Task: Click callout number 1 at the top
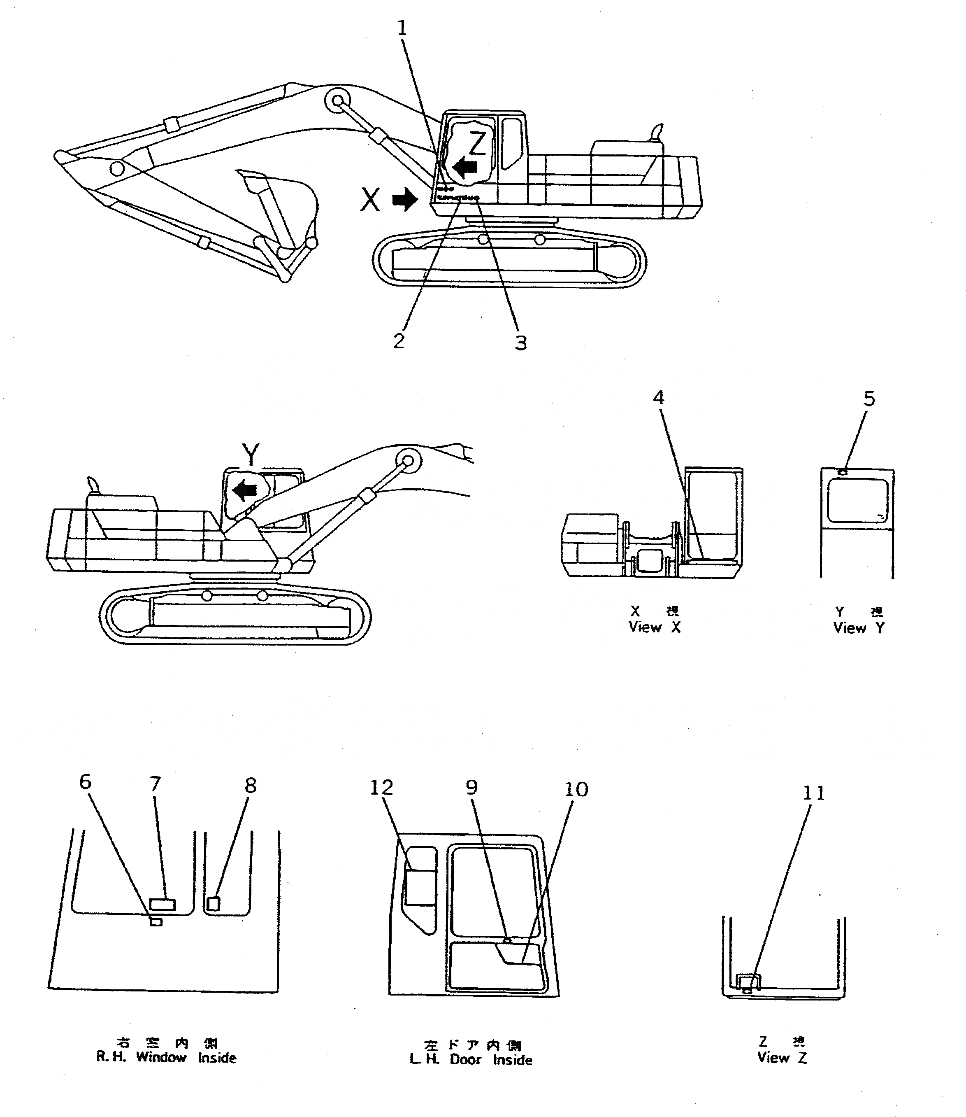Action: click(x=402, y=28)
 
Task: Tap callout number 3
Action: click(x=520, y=343)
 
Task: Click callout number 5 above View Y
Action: click(x=869, y=399)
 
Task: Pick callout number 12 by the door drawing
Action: click(x=381, y=788)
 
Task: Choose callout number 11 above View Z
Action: click(x=813, y=793)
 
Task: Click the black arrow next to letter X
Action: click(x=405, y=200)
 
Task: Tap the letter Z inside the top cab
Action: click(x=477, y=143)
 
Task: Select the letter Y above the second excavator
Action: click(x=251, y=454)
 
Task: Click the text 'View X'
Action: click(x=655, y=627)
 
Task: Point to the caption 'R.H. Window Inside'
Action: click(x=166, y=1057)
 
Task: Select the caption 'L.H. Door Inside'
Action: click(x=471, y=1059)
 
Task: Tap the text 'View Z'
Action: click(x=782, y=1058)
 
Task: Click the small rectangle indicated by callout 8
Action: click(x=214, y=903)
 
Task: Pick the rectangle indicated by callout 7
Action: click(x=162, y=905)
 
